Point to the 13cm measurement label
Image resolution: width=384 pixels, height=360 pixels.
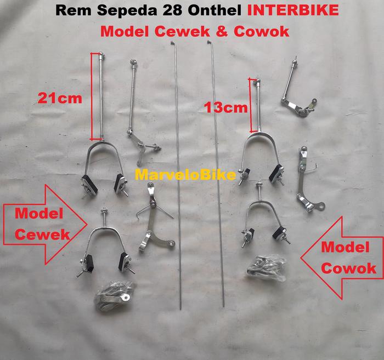pos(225,107)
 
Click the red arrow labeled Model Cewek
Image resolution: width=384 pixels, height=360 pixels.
pos(44,224)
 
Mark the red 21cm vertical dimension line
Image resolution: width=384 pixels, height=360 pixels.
pos(100,95)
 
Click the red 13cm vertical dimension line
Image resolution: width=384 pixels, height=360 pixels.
pos(255,105)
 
